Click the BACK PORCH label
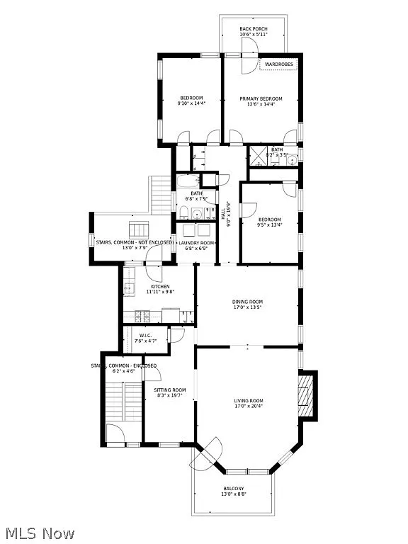(x=254, y=28)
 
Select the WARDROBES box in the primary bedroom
(x=279, y=64)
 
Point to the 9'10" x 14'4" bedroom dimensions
(x=191, y=104)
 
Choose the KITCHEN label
(x=160, y=286)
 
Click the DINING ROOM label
(x=248, y=302)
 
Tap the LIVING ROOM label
(x=249, y=401)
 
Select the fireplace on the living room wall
(x=305, y=396)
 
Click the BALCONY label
(x=234, y=489)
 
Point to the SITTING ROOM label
(x=170, y=390)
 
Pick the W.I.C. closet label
(x=146, y=336)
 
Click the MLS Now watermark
(x=38, y=533)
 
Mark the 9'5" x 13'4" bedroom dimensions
(x=269, y=225)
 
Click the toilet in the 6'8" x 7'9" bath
(x=181, y=210)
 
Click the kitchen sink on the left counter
(x=130, y=289)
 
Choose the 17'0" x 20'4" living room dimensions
(x=249, y=407)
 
